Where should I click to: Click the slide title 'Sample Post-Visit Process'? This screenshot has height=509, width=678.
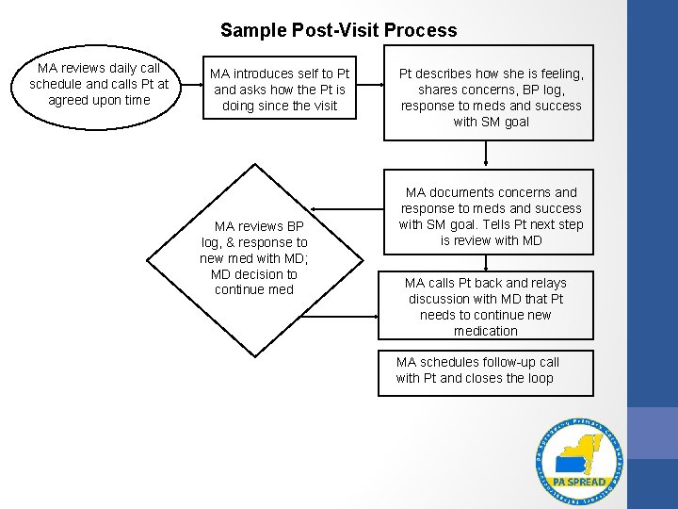pos(338,30)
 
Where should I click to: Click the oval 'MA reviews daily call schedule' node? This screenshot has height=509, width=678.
pos(99,84)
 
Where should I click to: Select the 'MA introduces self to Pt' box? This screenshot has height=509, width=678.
pos(279,90)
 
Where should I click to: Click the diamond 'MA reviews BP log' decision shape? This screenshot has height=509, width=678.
pos(253,257)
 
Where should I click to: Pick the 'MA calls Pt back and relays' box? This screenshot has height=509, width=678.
pos(486,306)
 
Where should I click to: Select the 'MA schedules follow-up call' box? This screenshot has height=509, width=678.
pos(486,369)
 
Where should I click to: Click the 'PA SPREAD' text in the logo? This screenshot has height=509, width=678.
pos(578,482)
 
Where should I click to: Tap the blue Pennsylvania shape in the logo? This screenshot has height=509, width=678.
pos(571,463)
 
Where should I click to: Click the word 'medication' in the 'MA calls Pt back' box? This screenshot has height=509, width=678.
pos(486,331)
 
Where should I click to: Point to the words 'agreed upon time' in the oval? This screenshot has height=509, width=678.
pos(99,100)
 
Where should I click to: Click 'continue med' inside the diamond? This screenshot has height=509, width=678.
pos(253,289)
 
